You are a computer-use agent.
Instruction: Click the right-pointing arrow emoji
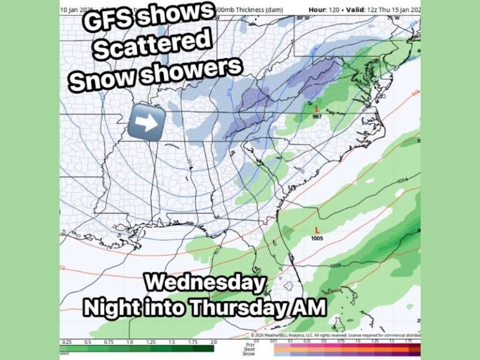click(x=146, y=122)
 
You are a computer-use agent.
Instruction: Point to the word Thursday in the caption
click(x=239, y=307)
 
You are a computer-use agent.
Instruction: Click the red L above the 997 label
click(x=317, y=108)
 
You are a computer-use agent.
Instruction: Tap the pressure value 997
click(x=317, y=116)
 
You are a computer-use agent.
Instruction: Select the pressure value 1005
click(x=317, y=238)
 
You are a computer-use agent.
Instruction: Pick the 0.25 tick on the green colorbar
click(x=67, y=342)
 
